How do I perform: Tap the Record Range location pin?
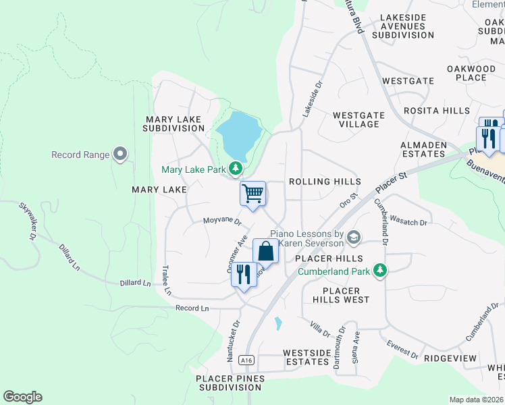[120, 155]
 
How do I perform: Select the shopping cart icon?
[252, 194]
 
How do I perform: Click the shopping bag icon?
[266, 251]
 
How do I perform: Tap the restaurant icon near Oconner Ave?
[244, 273]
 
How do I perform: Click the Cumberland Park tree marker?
[381, 271]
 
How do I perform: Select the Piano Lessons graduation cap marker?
[354, 237]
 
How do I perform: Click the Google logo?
[22, 397]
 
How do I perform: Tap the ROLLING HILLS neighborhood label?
[325, 182]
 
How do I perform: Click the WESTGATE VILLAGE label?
[359, 119]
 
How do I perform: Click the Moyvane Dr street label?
[223, 221]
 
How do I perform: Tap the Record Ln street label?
[192, 308]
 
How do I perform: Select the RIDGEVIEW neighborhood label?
[450, 358]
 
